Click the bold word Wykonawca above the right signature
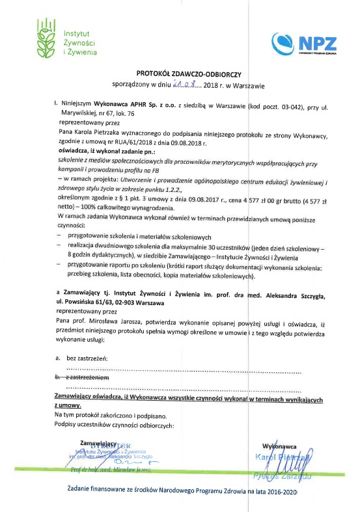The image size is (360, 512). (280, 447)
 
